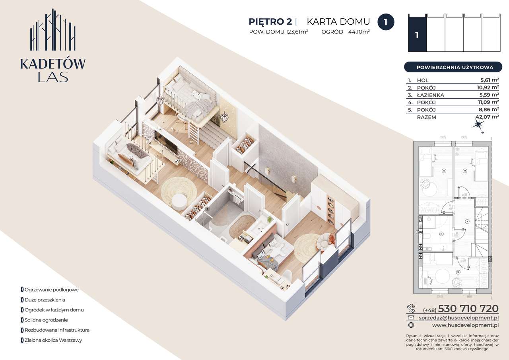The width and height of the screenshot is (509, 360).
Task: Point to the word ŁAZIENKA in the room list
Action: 430,95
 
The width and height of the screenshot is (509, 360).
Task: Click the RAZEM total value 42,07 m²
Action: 487,117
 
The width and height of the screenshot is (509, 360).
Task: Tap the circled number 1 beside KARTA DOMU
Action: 385,22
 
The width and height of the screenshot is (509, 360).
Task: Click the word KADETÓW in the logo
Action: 53,64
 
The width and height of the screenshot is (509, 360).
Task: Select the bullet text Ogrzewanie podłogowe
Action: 51,290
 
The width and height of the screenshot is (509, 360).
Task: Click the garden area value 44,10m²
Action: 359,32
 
